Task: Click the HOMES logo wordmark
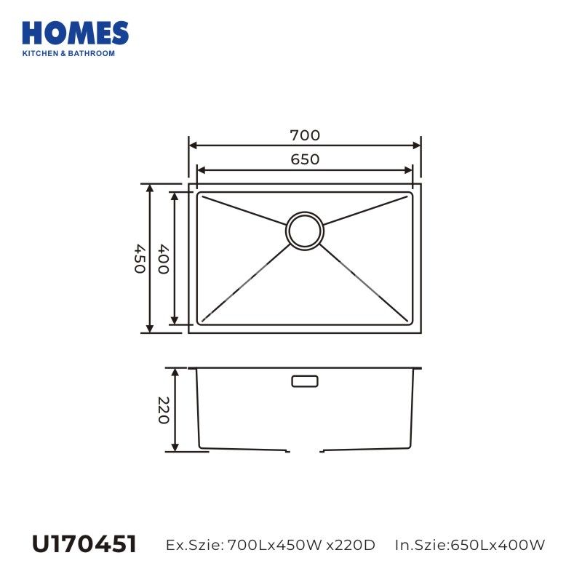pos(76,33)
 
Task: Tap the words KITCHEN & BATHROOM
pos(68,53)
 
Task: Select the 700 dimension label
pos(305,135)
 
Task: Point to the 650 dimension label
pos(305,159)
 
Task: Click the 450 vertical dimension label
pos(140,259)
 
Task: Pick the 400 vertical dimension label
pos(164,259)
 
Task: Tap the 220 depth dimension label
pos(164,410)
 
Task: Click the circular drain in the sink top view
pos(304,231)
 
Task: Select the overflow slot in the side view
pos(305,381)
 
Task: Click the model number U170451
pos(84,544)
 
